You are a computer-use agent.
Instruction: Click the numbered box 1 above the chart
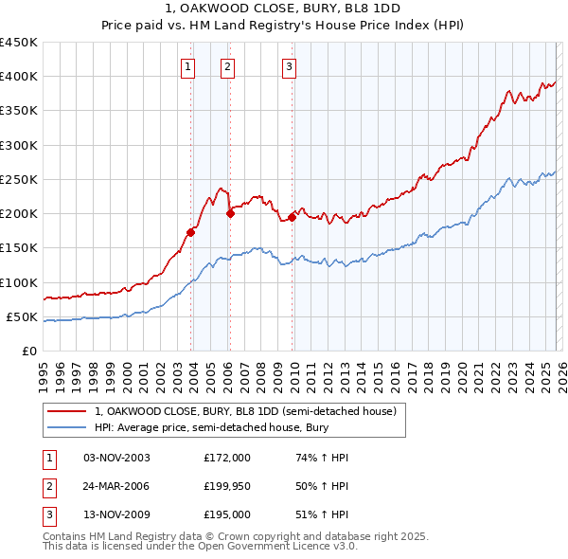pos(189,66)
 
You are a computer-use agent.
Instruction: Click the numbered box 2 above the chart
pos(229,66)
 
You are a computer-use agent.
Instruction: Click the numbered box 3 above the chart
pos(289,66)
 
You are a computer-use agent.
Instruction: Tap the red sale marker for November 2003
pos(191,231)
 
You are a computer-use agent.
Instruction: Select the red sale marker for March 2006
pos(230,213)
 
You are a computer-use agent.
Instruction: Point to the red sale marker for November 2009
pos(293,216)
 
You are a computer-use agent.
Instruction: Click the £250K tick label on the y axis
pos(19,179)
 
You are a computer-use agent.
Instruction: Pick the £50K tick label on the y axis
pos(23,316)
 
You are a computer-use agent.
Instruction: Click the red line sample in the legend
pos(67,411)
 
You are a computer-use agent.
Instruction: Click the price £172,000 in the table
pos(226,458)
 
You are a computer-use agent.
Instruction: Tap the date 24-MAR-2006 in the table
pos(116,486)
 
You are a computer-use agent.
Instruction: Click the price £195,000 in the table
pos(226,514)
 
